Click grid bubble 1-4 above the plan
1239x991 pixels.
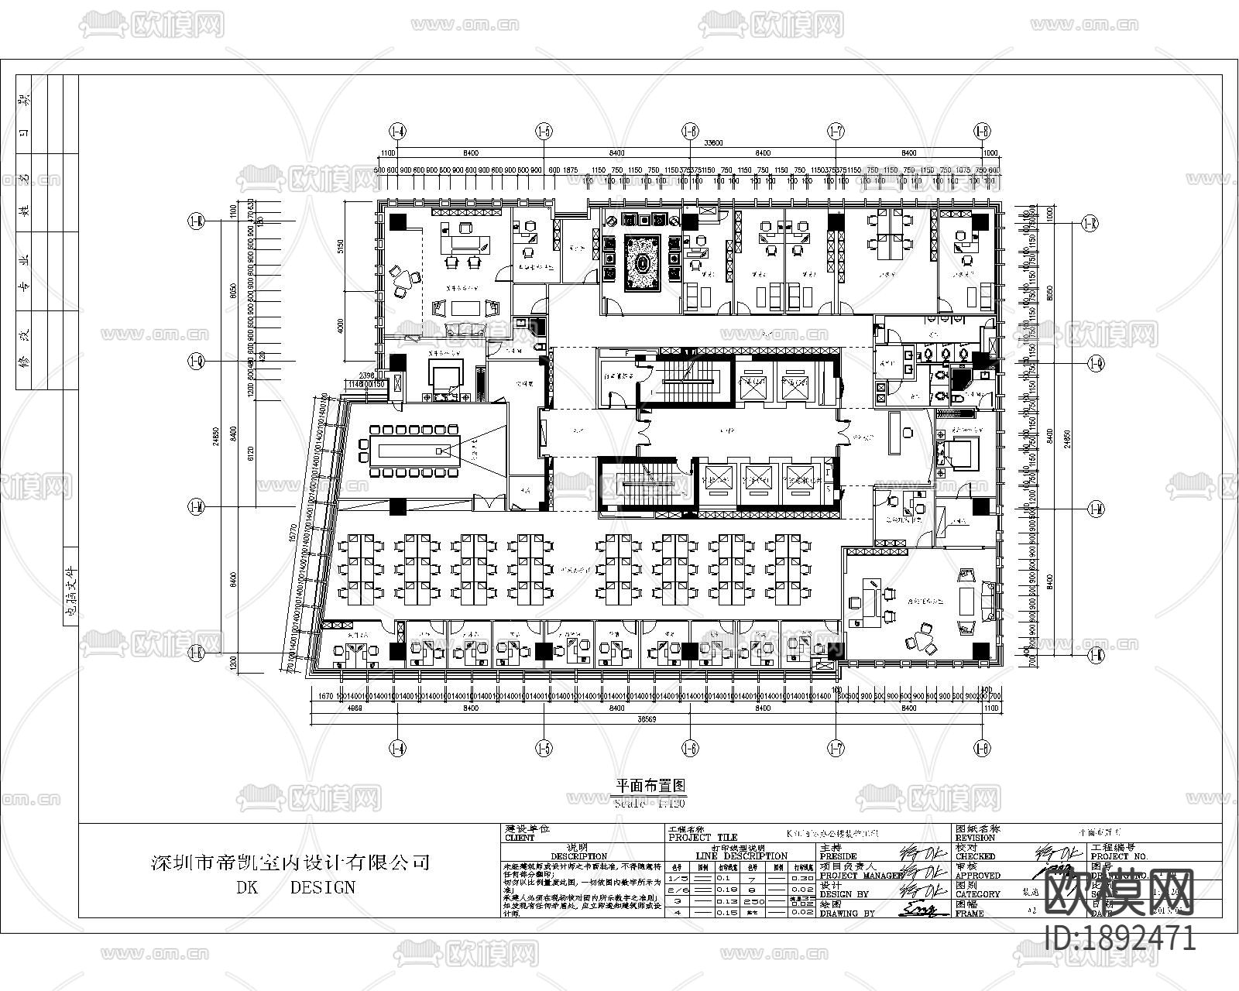click(398, 132)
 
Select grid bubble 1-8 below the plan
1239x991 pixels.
click(983, 748)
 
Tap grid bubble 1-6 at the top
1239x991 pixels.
click(690, 132)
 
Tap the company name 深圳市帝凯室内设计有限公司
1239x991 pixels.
click(290, 862)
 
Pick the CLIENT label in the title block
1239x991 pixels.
click(520, 838)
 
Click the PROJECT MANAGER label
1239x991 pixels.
click(860, 876)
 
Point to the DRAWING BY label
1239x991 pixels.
click(846, 914)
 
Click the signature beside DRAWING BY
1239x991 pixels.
click(923, 910)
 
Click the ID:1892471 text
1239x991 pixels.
click(1120, 939)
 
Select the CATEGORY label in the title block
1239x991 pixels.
click(979, 894)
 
